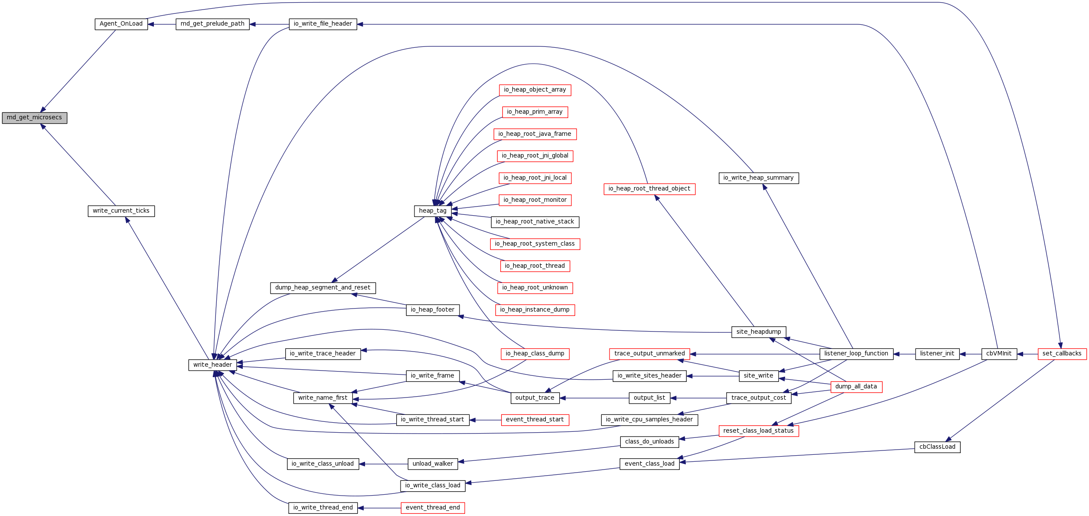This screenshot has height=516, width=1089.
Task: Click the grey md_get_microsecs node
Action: (x=34, y=118)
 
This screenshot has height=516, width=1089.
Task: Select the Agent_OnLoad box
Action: (x=121, y=24)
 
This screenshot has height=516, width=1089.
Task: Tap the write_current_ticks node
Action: (x=121, y=211)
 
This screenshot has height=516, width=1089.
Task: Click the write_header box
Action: (x=212, y=365)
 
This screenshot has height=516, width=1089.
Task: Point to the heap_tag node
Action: (x=433, y=211)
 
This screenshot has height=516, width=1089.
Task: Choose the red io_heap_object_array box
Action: (x=535, y=90)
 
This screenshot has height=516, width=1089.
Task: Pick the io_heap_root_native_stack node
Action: (x=535, y=222)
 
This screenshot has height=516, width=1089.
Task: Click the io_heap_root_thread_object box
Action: (x=649, y=189)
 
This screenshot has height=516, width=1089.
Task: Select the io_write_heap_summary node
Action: (x=758, y=178)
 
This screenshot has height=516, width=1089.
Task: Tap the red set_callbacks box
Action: (x=1062, y=354)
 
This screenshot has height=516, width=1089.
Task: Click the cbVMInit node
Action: (x=999, y=354)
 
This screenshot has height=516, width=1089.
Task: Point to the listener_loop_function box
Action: (x=856, y=354)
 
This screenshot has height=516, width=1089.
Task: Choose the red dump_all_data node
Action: (x=856, y=387)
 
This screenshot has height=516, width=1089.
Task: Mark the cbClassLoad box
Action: (x=937, y=447)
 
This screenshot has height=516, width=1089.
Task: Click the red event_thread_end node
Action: (x=433, y=508)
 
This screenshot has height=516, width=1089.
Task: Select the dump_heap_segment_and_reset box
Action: (x=323, y=288)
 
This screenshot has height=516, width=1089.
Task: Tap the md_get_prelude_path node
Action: (x=212, y=24)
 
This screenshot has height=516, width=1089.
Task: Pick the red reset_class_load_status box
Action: (x=758, y=431)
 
